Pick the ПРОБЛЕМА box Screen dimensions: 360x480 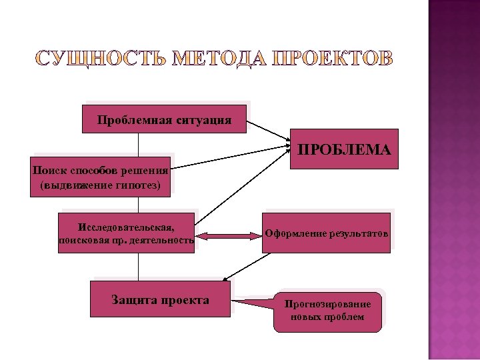pos(344,149)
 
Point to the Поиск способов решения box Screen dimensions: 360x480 pos(101,177)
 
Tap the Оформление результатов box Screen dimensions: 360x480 pos(325,234)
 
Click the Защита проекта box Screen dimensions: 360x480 pos(161,299)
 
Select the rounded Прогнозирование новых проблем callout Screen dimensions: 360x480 pos(327,311)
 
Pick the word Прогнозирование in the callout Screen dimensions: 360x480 pos(327,304)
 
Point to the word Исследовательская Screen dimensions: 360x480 pos(126,226)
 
